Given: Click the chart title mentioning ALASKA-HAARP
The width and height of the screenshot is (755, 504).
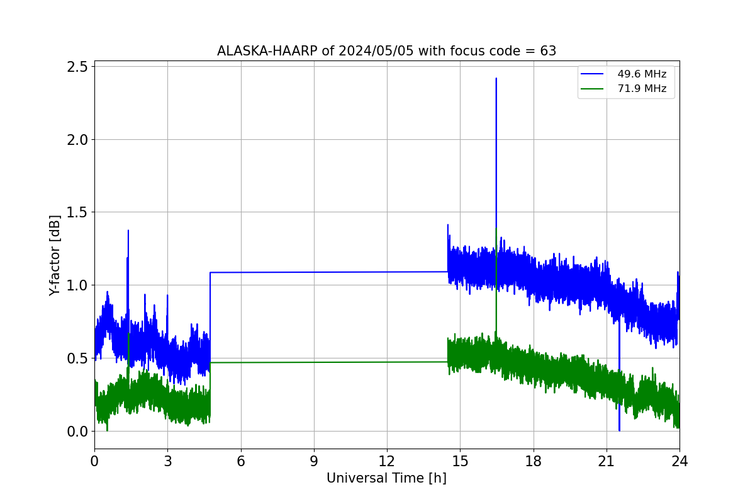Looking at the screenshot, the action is [386, 51].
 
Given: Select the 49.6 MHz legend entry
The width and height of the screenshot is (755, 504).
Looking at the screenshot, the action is [624, 74].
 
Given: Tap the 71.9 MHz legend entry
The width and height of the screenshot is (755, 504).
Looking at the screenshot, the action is [624, 89].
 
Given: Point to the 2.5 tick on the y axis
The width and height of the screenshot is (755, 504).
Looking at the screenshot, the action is [77, 67].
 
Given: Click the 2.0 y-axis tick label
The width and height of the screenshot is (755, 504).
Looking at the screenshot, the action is [77, 140].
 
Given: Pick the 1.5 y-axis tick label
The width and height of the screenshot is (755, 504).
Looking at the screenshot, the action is [77, 212].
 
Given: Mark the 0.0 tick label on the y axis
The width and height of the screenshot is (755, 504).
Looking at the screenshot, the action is [77, 432].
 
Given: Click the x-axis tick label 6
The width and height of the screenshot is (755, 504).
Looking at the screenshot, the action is [241, 461].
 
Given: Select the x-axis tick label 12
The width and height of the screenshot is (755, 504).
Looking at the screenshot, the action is [387, 461].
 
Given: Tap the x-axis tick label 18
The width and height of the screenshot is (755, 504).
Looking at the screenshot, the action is [534, 461].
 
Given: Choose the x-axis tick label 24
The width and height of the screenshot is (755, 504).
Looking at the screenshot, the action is [679, 461].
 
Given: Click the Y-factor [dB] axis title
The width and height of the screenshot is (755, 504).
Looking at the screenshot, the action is [55, 255].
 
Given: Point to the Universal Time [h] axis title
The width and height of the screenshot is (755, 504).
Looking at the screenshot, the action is [386, 478].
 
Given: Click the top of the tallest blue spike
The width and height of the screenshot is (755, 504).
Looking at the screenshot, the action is [496, 78].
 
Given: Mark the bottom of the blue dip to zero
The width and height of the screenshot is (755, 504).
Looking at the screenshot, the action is [620, 430].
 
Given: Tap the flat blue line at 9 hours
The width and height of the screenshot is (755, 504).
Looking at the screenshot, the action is [314, 272].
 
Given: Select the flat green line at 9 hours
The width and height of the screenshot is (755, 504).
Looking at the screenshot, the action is [314, 362].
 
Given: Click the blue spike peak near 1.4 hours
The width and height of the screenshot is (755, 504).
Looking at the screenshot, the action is [128, 231].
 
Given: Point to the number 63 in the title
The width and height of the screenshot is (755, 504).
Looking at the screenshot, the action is [548, 51].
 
